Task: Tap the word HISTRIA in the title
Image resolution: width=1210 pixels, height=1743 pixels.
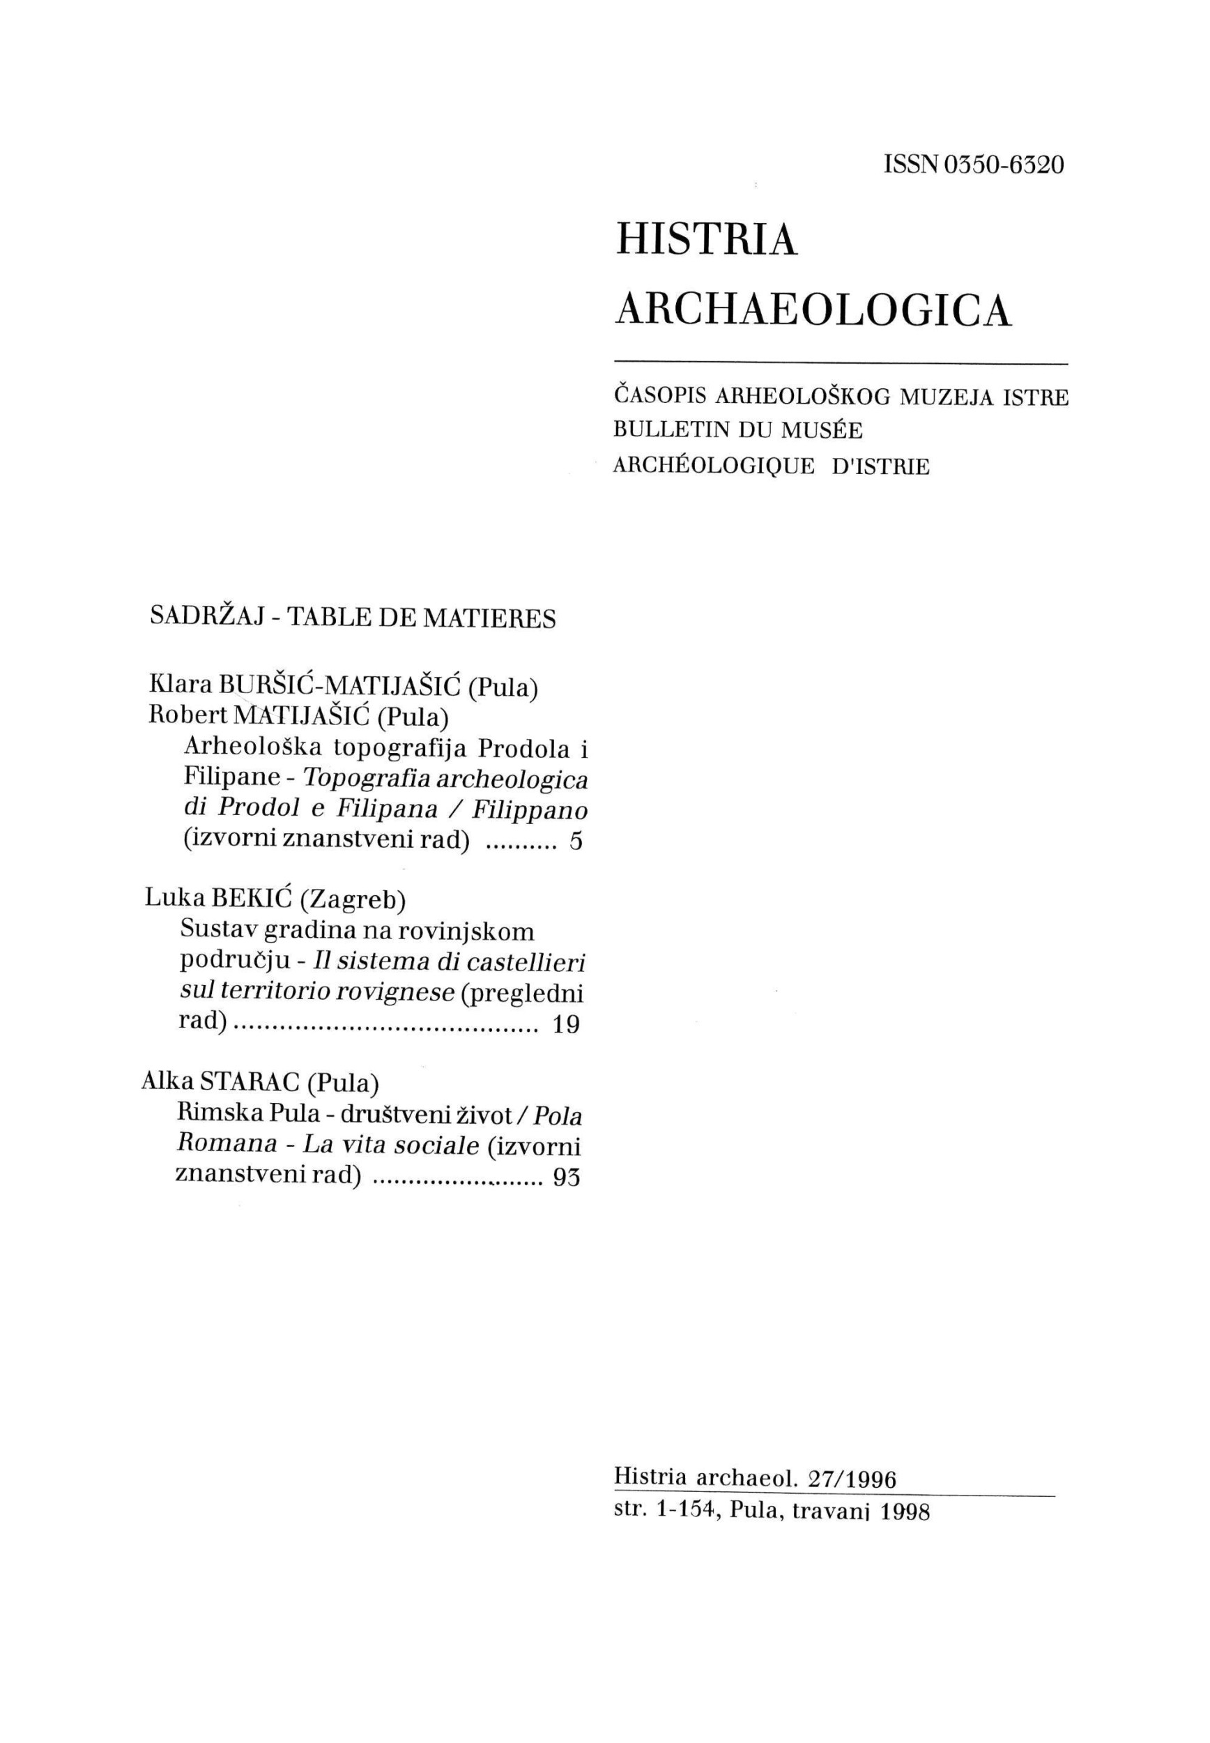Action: point(706,241)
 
